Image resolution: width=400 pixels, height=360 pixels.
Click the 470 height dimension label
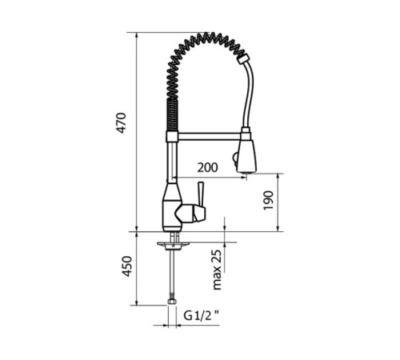122,123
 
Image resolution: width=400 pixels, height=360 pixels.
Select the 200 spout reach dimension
207,167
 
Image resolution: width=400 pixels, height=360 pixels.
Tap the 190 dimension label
269,200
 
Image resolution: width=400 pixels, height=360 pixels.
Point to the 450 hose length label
127,266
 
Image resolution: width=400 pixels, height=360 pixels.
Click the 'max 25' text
217,270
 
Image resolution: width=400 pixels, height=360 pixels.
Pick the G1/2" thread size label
201,316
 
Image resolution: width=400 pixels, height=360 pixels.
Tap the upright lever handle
200,195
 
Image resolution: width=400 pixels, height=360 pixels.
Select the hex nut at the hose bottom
172,302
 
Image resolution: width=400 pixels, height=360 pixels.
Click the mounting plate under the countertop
173,245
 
